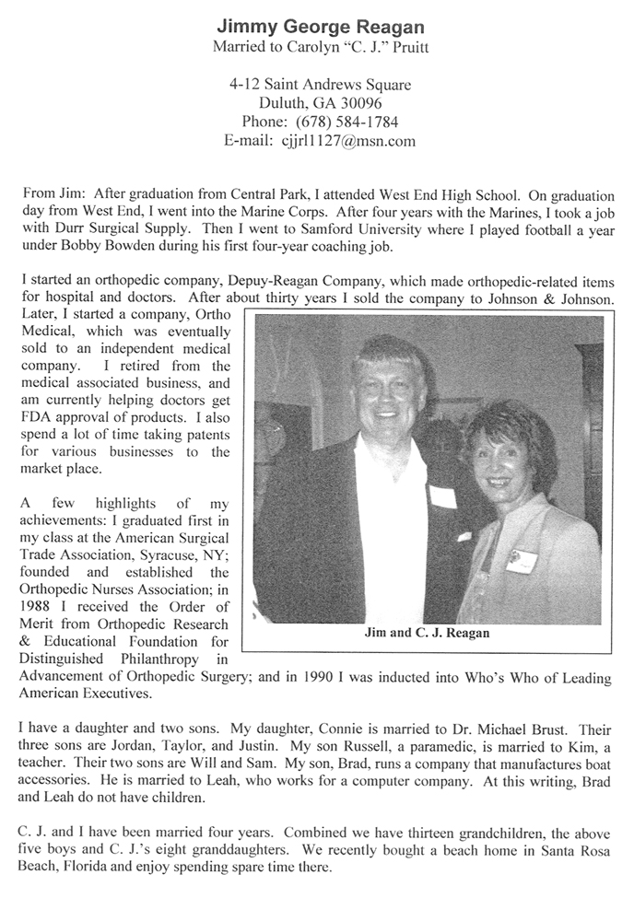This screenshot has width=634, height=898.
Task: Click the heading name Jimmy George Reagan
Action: (x=320, y=25)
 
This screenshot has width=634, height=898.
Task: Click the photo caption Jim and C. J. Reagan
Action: (x=429, y=633)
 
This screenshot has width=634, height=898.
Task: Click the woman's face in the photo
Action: (x=498, y=459)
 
